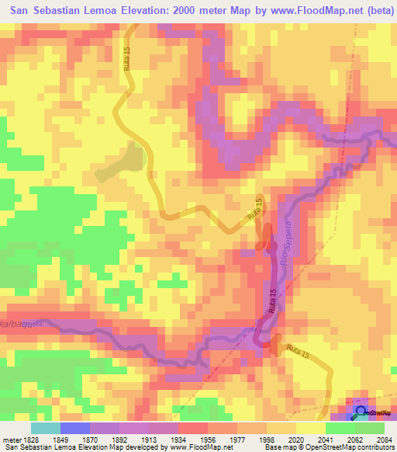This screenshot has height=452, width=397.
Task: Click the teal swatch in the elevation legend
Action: [x=46, y=428]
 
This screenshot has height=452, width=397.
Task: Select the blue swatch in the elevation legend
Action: [x=75, y=428]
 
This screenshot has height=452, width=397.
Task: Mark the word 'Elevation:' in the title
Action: [x=155, y=9]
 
